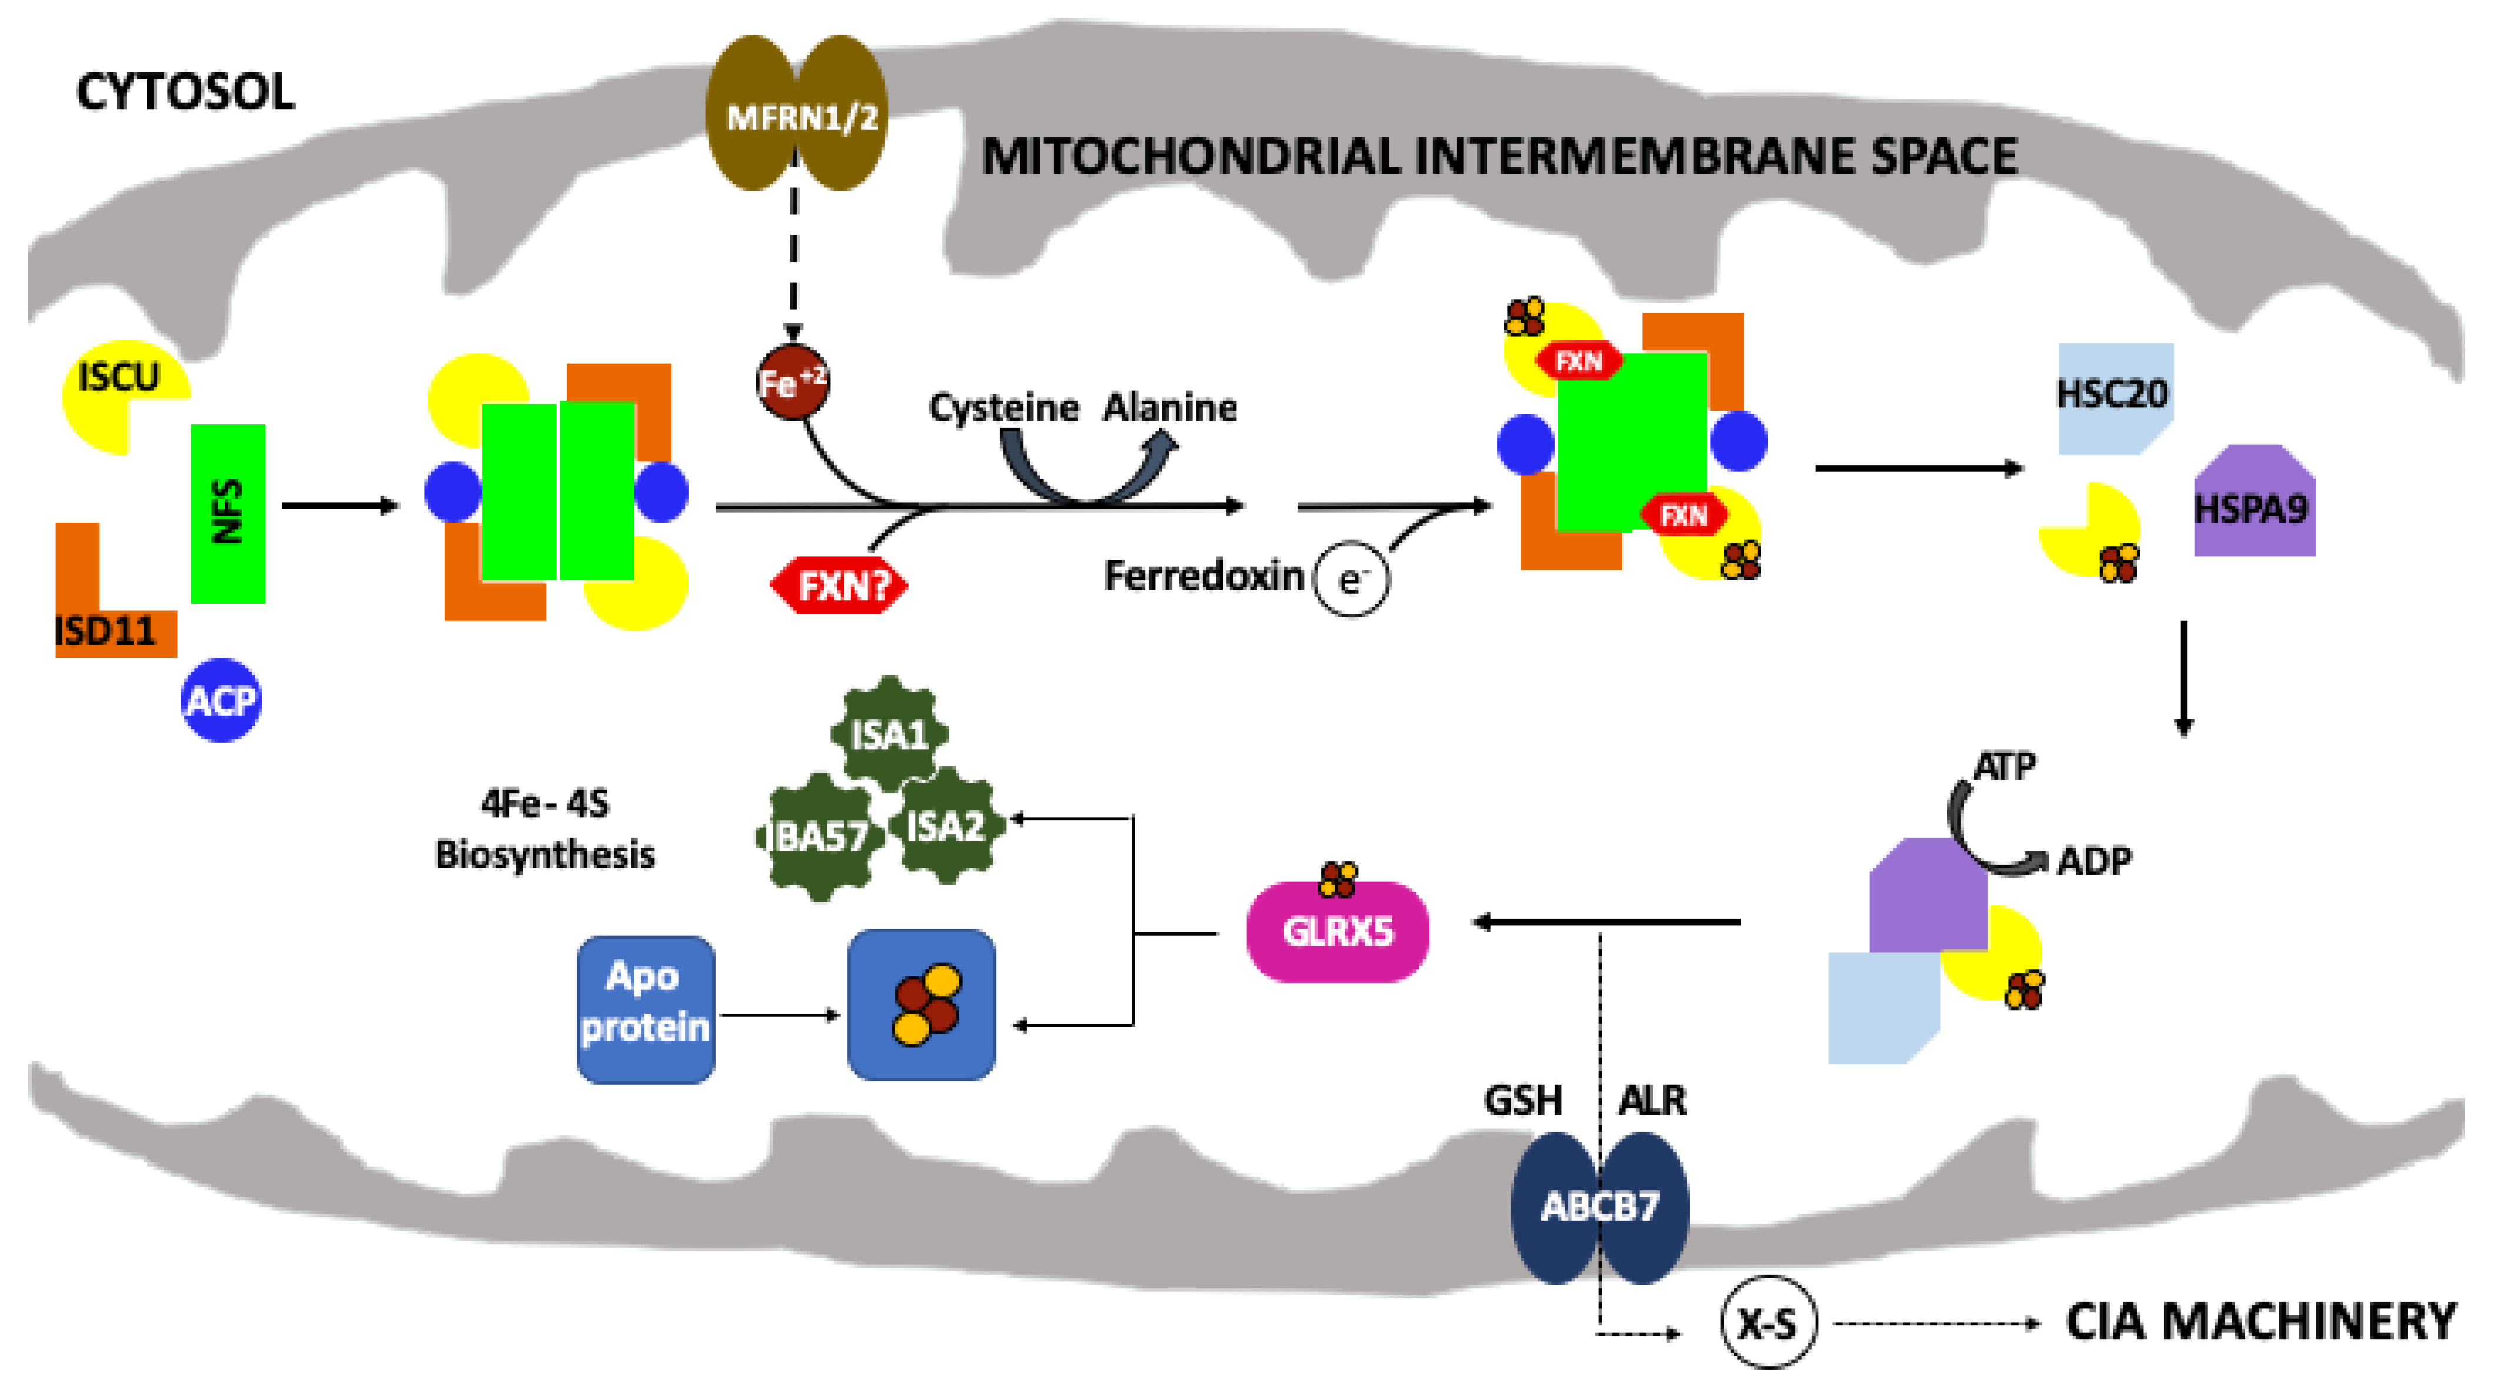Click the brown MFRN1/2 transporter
[x=796, y=114]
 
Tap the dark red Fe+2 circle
[x=793, y=382]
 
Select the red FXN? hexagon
[x=839, y=586]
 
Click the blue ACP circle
[x=221, y=700]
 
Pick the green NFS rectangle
[x=228, y=514]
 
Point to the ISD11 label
[x=105, y=632]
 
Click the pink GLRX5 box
[x=1338, y=931]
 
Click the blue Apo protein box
[x=646, y=1009]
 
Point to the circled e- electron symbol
[x=1351, y=580]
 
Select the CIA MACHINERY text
[x=2260, y=1322]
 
